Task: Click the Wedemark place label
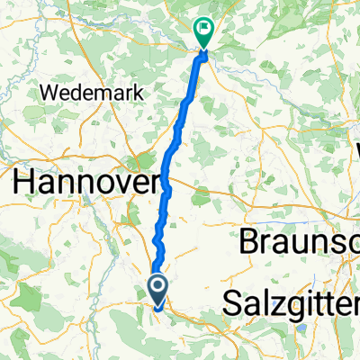(86, 92)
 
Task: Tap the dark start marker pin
(157, 291)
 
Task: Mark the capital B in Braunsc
(249, 242)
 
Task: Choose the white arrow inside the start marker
(157, 287)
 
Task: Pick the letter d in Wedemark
(75, 92)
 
